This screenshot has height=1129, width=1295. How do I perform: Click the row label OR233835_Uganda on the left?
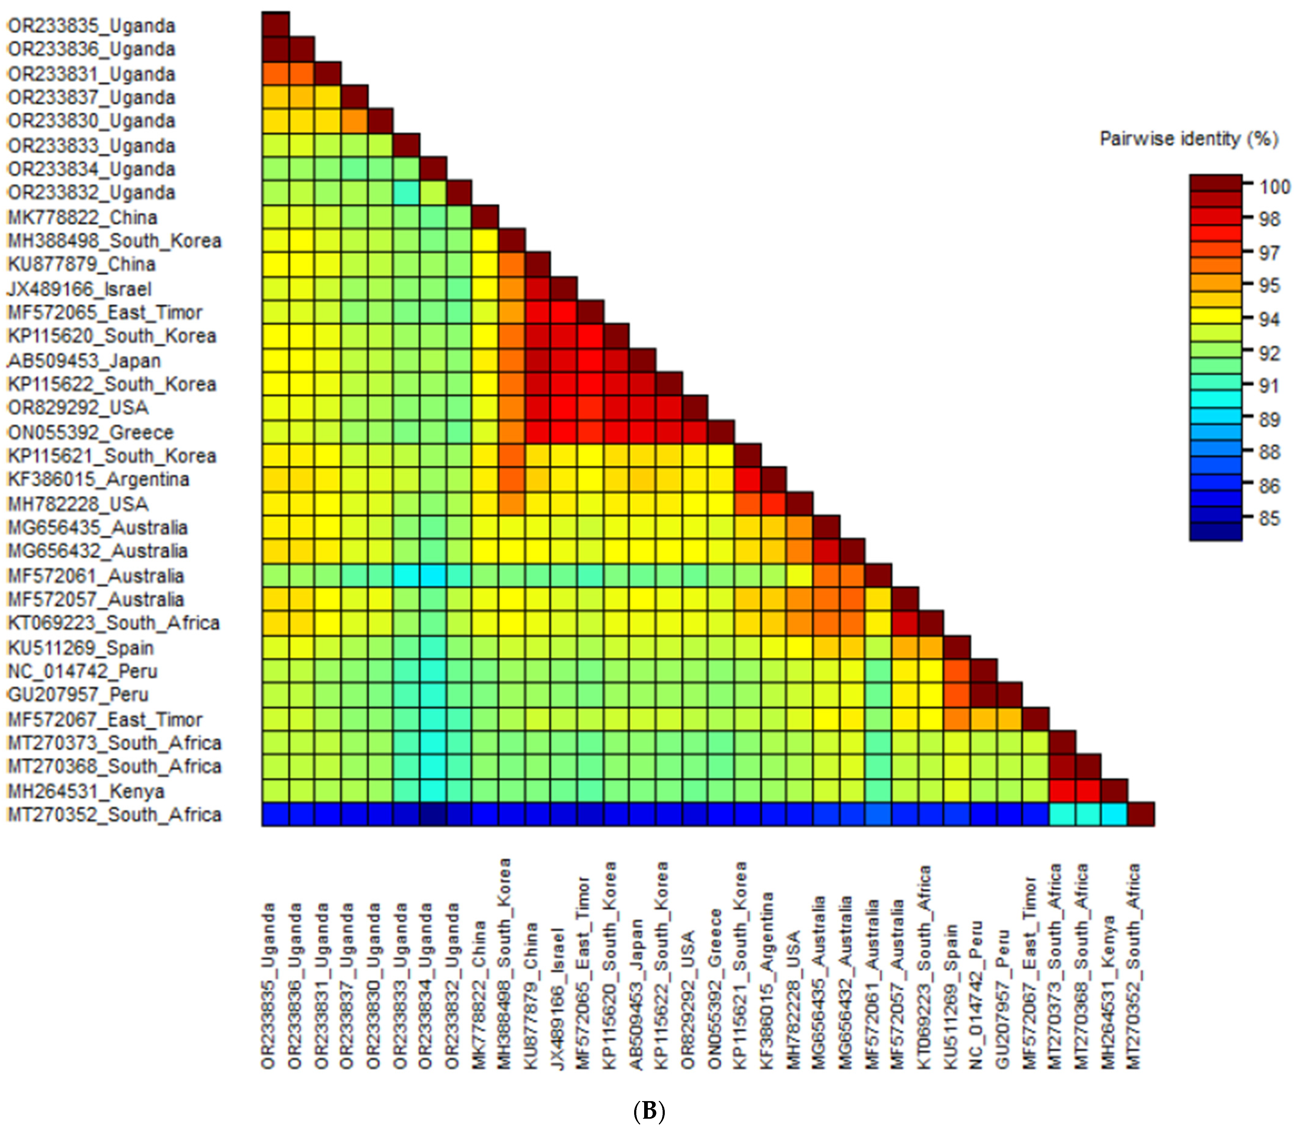pyautogui.click(x=91, y=26)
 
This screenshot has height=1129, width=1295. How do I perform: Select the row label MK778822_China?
pyautogui.click(x=82, y=217)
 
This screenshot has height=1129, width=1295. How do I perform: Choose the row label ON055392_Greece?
pyautogui.click(x=90, y=432)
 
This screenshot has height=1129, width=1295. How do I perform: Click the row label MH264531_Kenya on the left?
pyautogui.click(x=86, y=791)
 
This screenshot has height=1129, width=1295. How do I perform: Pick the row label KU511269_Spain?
pyautogui.click(x=81, y=648)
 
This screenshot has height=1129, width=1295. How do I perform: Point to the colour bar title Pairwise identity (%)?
pyautogui.click(x=1188, y=139)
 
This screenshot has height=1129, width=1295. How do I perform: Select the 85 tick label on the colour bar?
pyautogui.click(x=1269, y=519)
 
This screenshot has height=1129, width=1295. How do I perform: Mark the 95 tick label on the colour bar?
pyautogui.click(x=1269, y=285)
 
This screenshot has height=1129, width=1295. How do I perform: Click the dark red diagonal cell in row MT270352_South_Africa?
pyautogui.click(x=1141, y=814)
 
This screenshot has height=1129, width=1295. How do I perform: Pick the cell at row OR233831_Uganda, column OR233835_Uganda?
pyautogui.click(x=276, y=74)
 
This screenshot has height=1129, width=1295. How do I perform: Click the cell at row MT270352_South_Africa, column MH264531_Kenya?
pyautogui.click(x=1115, y=814)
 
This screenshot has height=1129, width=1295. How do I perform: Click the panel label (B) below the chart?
pyautogui.click(x=648, y=1111)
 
